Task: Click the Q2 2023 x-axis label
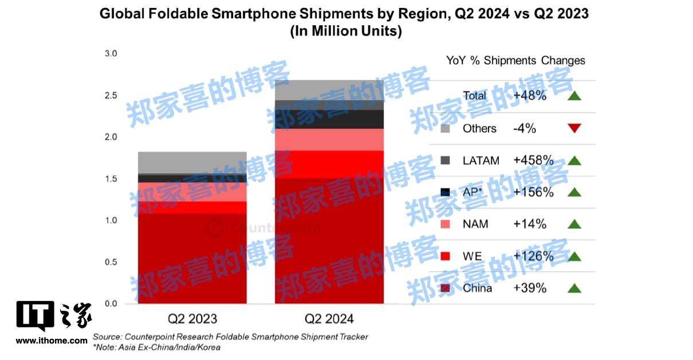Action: click(x=192, y=319)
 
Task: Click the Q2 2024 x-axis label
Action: click(x=329, y=319)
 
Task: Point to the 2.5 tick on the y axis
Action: click(x=110, y=95)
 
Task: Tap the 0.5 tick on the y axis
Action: click(x=110, y=262)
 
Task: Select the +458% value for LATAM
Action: click(x=534, y=161)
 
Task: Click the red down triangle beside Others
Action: click(x=574, y=128)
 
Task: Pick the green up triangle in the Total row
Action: click(x=574, y=96)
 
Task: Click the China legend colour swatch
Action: click(x=445, y=288)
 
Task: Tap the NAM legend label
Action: click(x=475, y=224)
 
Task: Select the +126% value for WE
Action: click(x=534, y=256)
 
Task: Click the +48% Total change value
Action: click(x=530, y=96)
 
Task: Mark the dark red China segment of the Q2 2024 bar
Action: click(x=329, y=240)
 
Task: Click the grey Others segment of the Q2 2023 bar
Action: click(x=192, y=163)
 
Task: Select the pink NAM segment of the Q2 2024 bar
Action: click(x=329, y=140)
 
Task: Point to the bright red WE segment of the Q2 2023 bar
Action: click(x=192, y=207)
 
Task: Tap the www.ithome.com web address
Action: click(x=52, y=341)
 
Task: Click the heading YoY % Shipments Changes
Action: click(x=515, y=61)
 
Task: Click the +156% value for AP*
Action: click(x=534, y=192)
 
